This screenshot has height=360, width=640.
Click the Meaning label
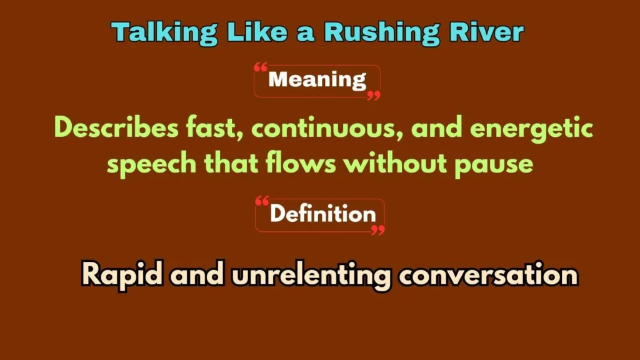click(317, 80)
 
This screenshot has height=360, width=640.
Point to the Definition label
click(322, 214)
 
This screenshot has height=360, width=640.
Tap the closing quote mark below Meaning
click(374, 96)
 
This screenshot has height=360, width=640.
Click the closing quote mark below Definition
click(377, 230)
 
